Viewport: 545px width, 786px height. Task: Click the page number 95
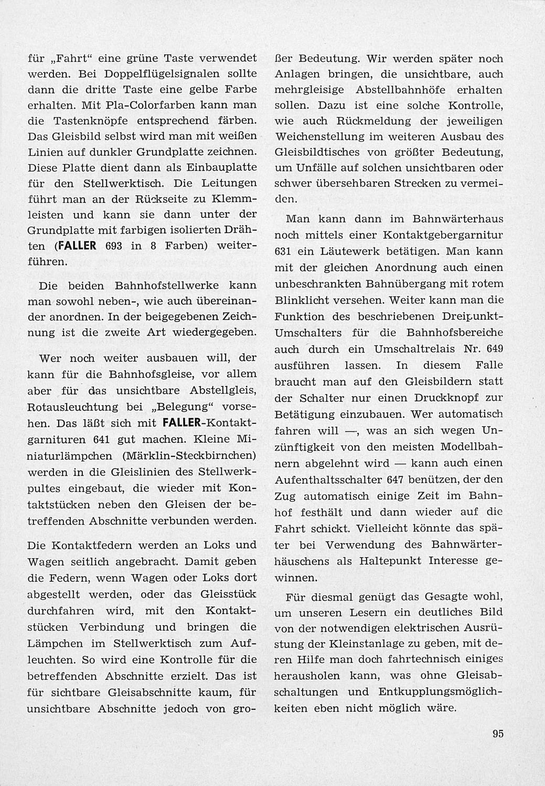click(x=498, y=734)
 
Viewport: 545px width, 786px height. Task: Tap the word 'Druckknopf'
click(x=440, y=398)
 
